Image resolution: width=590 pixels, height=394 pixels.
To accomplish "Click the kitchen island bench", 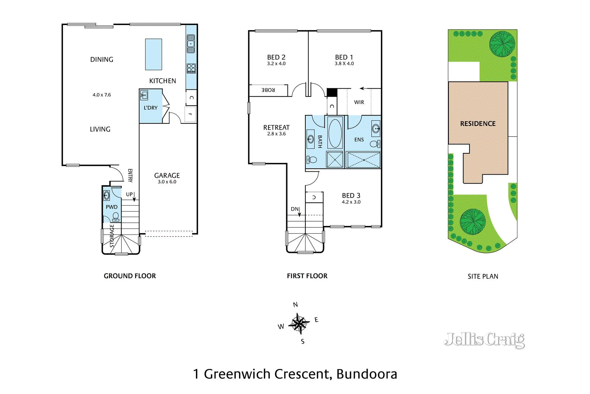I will coord(153,54).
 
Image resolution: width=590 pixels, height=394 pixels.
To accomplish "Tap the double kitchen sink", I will coord(191,44).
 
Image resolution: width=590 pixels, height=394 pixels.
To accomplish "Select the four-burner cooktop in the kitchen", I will coord(191,68).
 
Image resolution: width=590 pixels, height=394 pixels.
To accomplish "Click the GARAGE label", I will coord(167,175).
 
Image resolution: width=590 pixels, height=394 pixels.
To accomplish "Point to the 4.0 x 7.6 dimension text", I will coord(101,95).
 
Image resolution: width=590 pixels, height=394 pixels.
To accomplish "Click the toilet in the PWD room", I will coord(116,216).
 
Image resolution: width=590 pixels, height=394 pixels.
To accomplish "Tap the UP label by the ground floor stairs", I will coord(129,194).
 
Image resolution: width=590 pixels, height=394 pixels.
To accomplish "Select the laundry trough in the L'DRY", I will coord(144,95).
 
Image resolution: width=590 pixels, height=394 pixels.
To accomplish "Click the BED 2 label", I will coord(276,57).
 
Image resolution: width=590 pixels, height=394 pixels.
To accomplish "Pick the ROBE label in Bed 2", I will coord(268,90).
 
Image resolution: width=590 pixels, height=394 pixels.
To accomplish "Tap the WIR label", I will coord(359,102).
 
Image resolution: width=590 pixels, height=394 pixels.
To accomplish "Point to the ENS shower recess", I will coord(364,160).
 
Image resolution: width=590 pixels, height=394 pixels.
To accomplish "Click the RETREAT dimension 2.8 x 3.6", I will coord(276,134).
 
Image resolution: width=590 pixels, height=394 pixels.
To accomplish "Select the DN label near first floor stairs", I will coord(295,209).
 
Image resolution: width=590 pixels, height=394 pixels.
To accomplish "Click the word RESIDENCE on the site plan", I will coord(478,124).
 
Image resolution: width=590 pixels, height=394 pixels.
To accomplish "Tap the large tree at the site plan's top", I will coord(502,44).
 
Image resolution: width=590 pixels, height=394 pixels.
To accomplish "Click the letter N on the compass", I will coord(295,305).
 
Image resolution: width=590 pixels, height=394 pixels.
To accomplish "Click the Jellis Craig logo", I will coord(484,340).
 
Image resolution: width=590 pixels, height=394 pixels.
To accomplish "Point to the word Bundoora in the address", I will coord(367,374).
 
